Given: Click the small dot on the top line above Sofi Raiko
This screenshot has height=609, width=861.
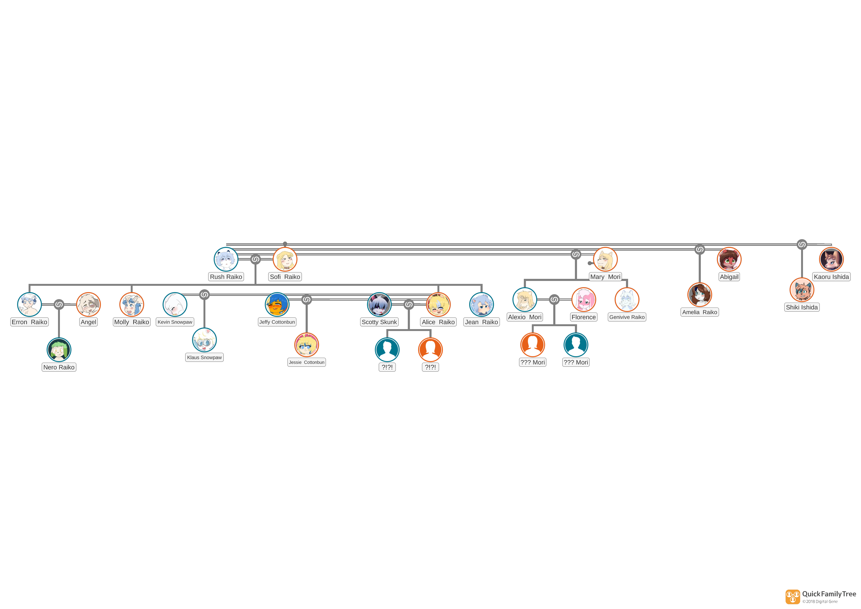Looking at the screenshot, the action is point(285,244).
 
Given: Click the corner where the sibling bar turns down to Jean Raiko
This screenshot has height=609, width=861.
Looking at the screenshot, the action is point(482,285).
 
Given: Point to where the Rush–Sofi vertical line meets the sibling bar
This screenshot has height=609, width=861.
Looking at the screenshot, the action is point(255,285).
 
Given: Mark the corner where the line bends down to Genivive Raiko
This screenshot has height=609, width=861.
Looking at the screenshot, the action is point(627,279).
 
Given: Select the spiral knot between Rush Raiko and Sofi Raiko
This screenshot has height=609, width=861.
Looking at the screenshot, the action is point(255,259).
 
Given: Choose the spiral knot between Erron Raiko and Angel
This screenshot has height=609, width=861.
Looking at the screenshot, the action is point(59,304).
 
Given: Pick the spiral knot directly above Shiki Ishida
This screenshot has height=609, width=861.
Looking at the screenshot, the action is point(802,245).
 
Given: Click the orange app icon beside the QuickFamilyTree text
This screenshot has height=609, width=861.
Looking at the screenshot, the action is point(793,597).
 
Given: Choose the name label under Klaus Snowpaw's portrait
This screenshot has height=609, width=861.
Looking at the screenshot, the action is point(204,357).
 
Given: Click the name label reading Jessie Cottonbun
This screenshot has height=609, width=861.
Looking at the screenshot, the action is point(306,362).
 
